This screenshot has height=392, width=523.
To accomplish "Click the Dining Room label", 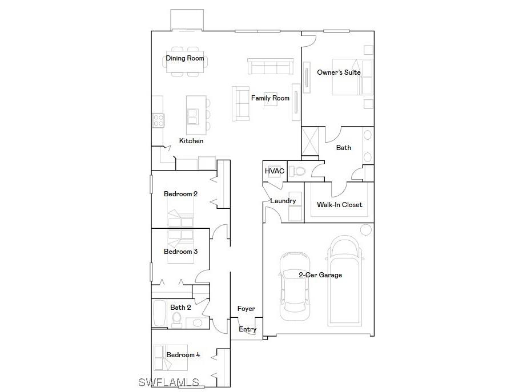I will click(185, 58).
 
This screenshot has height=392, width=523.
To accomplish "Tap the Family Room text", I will click(270, 98).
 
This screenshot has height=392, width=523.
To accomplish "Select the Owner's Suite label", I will click(339, 72).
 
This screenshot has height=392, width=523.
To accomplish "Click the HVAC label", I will click(274, 171).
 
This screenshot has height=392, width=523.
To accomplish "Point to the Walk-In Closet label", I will click(340, 205).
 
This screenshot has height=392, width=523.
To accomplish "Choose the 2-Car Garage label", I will click(320, 275).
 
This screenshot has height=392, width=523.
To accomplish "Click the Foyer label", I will click(246, 309).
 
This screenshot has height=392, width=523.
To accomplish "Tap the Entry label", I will click(247, 329).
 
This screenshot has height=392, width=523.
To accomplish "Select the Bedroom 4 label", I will click(183, 355).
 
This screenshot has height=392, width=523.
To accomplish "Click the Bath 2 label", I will click(180, 308).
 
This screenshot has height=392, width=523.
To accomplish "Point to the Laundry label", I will click(283, 201).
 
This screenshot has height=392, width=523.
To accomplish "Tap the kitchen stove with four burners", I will click(158, 120).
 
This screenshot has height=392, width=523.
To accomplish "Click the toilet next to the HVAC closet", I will click(297, 171).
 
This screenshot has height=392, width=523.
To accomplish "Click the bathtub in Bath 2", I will click(158, 314).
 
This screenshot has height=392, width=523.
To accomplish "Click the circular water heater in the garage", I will click(365, 230).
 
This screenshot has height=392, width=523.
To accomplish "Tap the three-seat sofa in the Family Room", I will click(271, 67).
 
